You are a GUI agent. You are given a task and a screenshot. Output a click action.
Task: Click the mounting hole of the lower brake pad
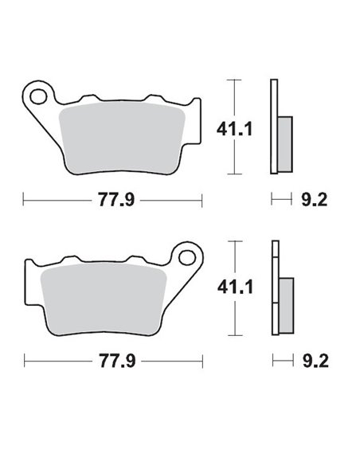pyautogui.click(x=189, y=258)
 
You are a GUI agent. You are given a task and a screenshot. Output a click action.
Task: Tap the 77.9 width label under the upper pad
pyautogui.click(x=115, y=200)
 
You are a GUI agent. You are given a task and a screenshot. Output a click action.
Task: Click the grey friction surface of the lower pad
pyautogui.click(x=104, y=292)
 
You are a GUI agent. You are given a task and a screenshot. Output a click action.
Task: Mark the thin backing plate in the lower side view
pyautogui.click(x=275, y=287)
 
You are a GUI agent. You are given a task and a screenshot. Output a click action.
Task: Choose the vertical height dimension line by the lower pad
pyautogui.click(x=233, y=287)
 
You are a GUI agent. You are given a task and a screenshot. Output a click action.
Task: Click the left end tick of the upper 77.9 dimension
pyautogui.click(x=24, y=200)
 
